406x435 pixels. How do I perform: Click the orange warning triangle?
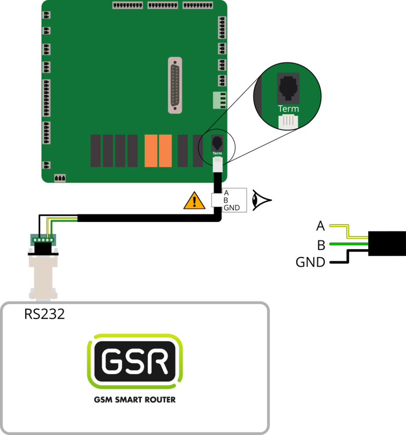pos(194,201)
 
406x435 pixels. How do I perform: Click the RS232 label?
pos(44,314)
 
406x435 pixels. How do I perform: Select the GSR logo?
pos(135,361)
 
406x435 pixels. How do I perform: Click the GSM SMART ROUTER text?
pos(135,399)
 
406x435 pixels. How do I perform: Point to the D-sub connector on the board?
pos(175,85)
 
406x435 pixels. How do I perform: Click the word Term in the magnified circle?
pos(288,109)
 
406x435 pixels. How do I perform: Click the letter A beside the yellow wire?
pos(320,226)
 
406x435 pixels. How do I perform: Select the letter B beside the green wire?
pos(321,245)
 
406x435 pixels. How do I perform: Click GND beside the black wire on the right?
pos(310,262)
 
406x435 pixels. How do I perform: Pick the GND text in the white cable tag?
pos(232,208)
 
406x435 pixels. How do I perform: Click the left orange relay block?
pos(151,151)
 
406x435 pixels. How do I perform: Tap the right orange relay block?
pos(165,151)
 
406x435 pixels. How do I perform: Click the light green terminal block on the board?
pos(219,100)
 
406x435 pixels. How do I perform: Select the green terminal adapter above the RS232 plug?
pos(43,239)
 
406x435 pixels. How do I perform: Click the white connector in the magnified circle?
pos(288,122)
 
